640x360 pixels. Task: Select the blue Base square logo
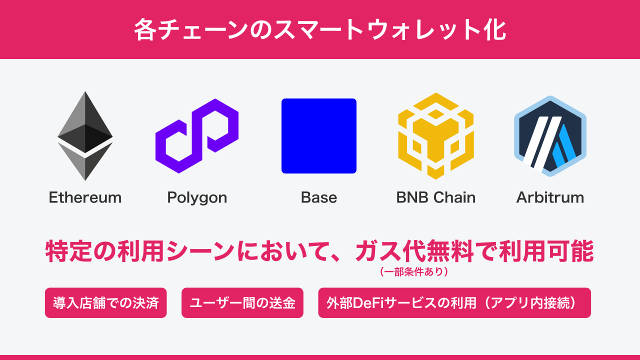point(319,136)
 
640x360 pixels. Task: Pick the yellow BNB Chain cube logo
point(435,136)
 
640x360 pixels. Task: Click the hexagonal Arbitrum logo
point(550,136)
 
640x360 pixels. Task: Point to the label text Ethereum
point(85,197)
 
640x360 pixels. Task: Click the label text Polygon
point(197,198)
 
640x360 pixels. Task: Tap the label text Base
point(319,197)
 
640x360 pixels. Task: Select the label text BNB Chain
point(435,197)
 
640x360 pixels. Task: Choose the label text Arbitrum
point(550,197)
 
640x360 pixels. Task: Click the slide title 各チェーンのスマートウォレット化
point(320,30)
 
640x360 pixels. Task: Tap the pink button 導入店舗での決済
point(106,303)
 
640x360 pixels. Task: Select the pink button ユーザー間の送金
point(242,303)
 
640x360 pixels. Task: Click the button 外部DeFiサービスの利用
point(454,303)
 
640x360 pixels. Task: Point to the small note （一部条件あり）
point(413,272)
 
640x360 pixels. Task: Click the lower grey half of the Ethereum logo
point(85,162)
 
